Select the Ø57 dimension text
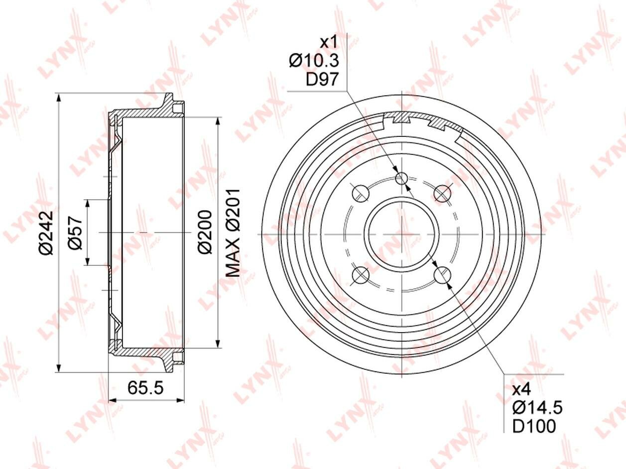[x=75, y=233]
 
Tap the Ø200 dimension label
[x=205, y=232]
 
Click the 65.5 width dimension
[x=145, y=387]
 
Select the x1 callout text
[x=328, y=42]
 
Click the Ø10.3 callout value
[x=314, y=61]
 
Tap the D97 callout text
[x=322, y=79]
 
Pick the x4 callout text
[x=522, y=389]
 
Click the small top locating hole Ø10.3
[x=401, y=178]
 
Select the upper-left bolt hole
[x=361, y=193]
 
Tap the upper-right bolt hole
[x=442, y=193]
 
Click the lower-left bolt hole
[x=361, y=274]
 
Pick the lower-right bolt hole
[x=442, y=274]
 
